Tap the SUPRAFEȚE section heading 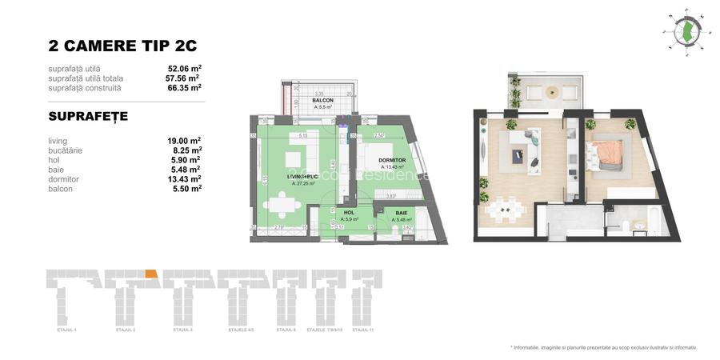point(88,116)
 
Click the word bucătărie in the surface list point(66,150)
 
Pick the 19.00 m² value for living point(183,140)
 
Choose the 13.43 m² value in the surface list point(183,178)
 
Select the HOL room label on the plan point(349,212)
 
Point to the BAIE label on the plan point(401,213)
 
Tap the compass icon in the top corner point(685,30)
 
